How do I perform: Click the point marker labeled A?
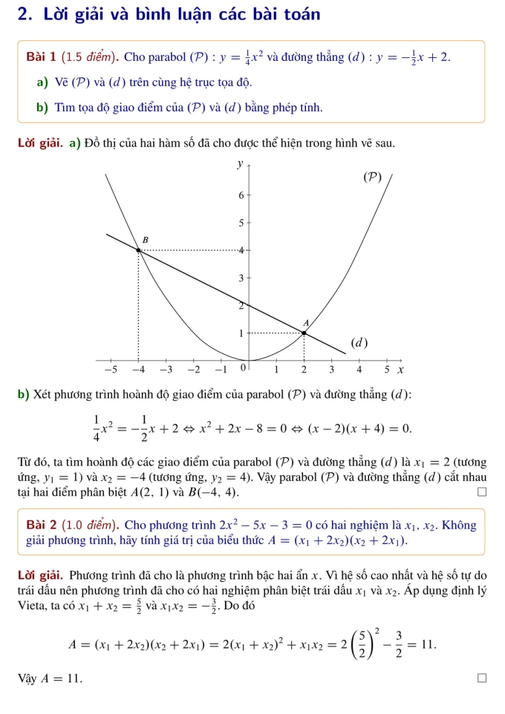304,333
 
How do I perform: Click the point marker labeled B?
138,250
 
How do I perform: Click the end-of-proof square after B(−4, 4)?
481,491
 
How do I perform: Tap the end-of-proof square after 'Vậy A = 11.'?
481,678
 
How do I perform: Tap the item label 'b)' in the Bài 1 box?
42,108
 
